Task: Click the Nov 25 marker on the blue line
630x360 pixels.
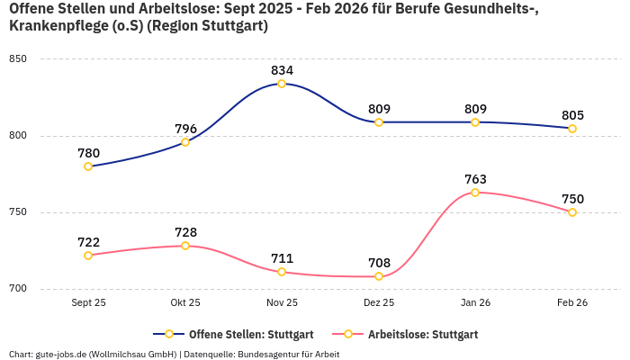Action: tap(282, 84)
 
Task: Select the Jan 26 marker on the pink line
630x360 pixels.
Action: tap(475, 193)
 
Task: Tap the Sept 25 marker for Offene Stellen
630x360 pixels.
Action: tap(88, 166)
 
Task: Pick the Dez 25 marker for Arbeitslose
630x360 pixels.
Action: tap(379, 276)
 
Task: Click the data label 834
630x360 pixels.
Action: tap(282, 70)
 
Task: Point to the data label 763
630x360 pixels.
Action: tap(475, 179)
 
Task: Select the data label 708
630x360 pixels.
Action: tap(379, 263)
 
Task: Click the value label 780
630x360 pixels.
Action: tap(88, 153)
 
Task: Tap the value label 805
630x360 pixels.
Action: tap(572, 115)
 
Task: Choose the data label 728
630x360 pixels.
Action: tap(185, 232)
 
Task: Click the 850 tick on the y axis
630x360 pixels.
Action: tap(18, 59)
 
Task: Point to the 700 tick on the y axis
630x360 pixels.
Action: tap(18, 289)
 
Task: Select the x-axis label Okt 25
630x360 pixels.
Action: tap(185, 303)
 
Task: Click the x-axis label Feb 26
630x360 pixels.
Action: tap(572, 303)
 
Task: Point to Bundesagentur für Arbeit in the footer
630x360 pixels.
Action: tap(288, 354)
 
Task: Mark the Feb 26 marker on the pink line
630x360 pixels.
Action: tap(572, 212)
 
